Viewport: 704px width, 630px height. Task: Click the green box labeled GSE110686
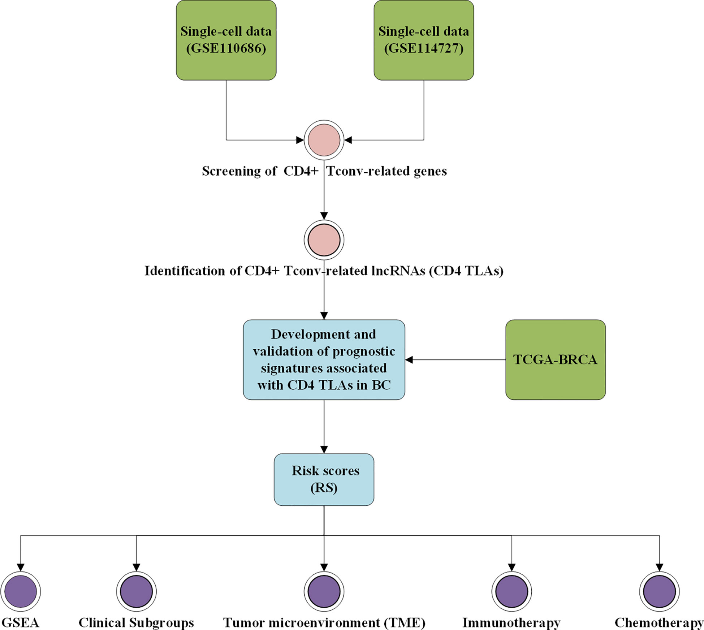click(x=226, y=40)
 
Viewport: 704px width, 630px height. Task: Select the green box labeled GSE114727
click(x=424, y=40)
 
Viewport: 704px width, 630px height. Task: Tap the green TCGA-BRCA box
click(x=556, y=360)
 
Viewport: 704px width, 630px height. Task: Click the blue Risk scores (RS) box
click(x=324, y=480)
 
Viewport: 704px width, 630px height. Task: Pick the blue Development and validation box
click(x=324, y=360)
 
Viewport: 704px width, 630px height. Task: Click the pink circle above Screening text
click(x=324, y=140)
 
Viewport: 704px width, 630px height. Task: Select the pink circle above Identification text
click(x=324, y=240)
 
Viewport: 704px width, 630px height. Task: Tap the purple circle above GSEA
click(x=21, y=592)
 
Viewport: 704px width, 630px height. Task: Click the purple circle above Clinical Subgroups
click(x=137, y=592)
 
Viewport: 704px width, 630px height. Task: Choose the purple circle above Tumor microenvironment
click(x=324, y=592)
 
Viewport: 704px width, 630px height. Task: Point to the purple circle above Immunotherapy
click(x=511, y=592)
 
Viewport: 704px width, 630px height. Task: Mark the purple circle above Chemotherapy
click(x=660, y=592)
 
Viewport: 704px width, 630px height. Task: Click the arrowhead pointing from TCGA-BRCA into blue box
click(x=409, y=360)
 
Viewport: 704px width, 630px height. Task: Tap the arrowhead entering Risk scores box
click(x=324, y=450)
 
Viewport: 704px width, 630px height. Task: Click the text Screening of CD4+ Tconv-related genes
click(x=324, y=171)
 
